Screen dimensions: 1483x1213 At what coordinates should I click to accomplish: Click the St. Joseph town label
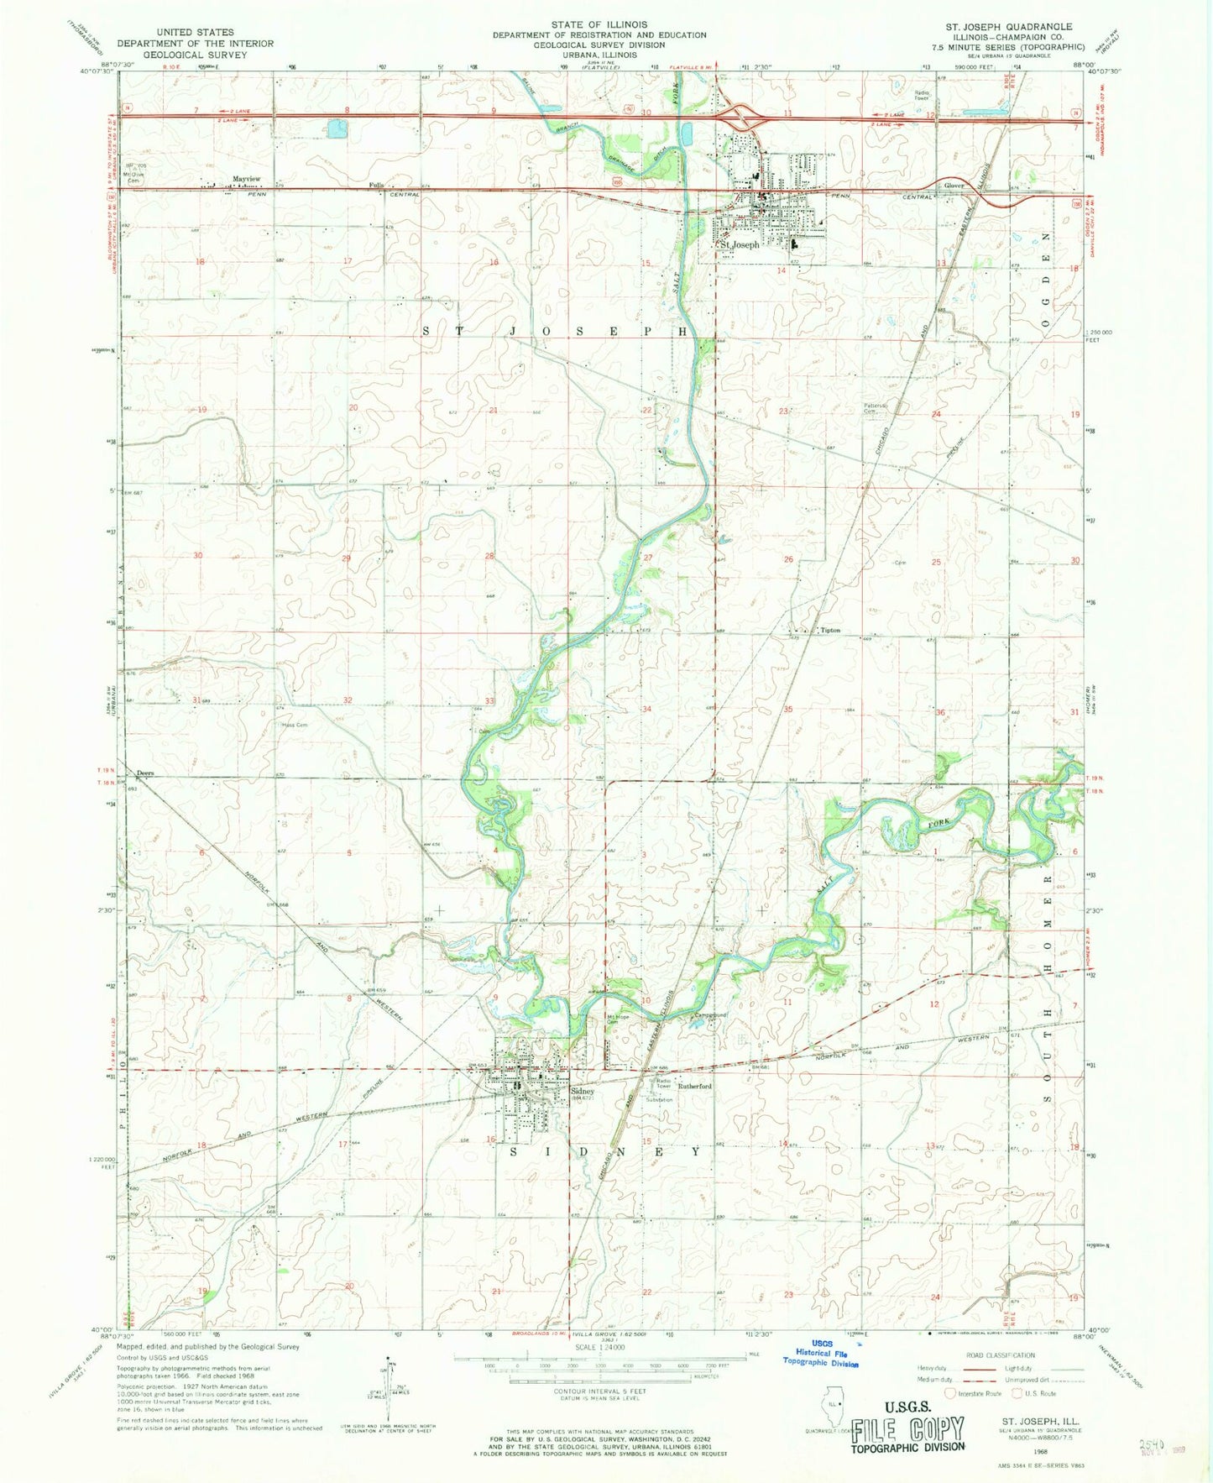740,244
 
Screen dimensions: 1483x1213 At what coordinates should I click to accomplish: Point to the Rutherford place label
694,1086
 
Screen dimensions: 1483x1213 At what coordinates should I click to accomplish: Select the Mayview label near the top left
246,179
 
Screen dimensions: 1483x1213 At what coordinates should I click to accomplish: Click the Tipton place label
829,630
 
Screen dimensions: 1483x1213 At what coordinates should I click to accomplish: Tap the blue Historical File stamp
821,1354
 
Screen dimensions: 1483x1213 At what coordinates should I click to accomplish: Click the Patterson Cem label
876,409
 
